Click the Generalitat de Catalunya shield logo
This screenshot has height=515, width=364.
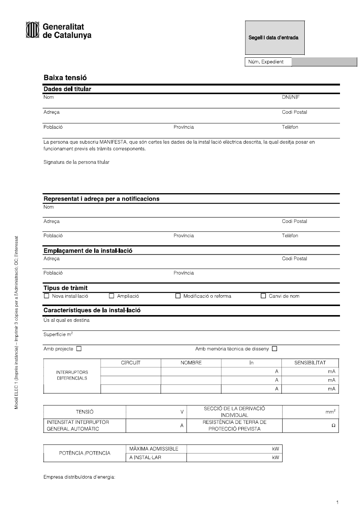point(32,30)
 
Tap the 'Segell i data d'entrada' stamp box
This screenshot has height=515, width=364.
point(275,38)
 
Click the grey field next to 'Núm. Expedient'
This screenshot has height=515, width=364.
point(324,62)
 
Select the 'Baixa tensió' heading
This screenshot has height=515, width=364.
point(65,78)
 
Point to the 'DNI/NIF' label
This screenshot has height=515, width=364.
point(291,97)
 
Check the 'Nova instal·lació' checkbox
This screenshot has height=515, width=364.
point(47,296)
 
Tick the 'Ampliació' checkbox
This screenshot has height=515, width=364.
point(111,296)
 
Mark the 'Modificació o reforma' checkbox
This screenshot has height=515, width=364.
point(178,296)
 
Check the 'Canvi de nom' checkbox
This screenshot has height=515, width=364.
point(263,296)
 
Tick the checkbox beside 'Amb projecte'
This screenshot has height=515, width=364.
point(79,349)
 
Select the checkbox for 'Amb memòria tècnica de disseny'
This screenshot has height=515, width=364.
point(275,349)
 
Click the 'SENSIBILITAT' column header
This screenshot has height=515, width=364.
point(310,363)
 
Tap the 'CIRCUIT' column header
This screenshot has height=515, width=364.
point(131,363)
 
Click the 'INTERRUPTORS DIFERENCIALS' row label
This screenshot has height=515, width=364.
point(72,375)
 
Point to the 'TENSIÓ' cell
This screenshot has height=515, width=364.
point(85,412)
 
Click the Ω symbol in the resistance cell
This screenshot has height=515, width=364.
point(333,426)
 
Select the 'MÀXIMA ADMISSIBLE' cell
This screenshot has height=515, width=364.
point(154,449)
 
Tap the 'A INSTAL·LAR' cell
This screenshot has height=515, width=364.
point(145,458)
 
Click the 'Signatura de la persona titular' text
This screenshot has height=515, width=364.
point(77,162)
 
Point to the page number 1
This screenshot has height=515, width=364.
point(337,502)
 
